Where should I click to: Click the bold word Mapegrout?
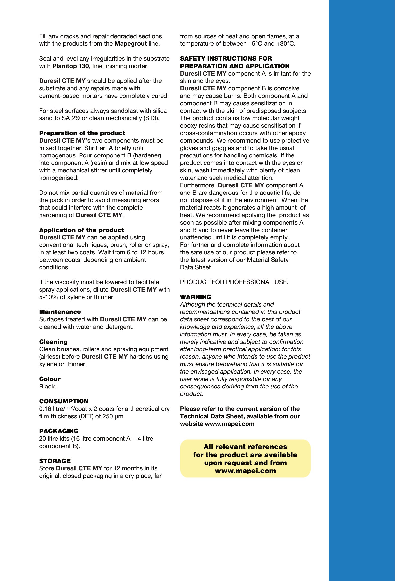pyautogui.click(x=130, y=44)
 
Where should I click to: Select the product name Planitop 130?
pyautogui.click(x=71, y=66)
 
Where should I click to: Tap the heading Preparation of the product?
pyautogui.click(x=82, y=133)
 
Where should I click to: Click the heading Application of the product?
pyautogui.click(x=81, y=230)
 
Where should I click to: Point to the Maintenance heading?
pyautogui.click(x=60, y=312)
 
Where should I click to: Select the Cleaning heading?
pyautogui.click(x=53, y=342)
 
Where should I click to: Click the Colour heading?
pyautogui.click(x=50, y=379)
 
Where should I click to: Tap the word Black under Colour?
pyautogui.click(x=47, y=387)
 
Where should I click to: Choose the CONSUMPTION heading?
pyautogui.click(x=64, y=401)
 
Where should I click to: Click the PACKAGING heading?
pyautogui.click(x=59, y=431)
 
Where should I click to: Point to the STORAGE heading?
pyautogui.click(x=55, y=461)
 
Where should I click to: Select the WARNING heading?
pyautogui.click(x=195, y=297)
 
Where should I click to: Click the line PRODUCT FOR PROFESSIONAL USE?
pyautogui.click(x=234, y=282)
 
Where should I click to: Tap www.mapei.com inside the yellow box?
pyautogui.click(x=245, y=471)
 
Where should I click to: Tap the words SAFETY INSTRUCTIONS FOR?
pyautogui.click(x=226, y=58)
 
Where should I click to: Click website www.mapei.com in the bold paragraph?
pyautogui.click(x=217, y=424)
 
